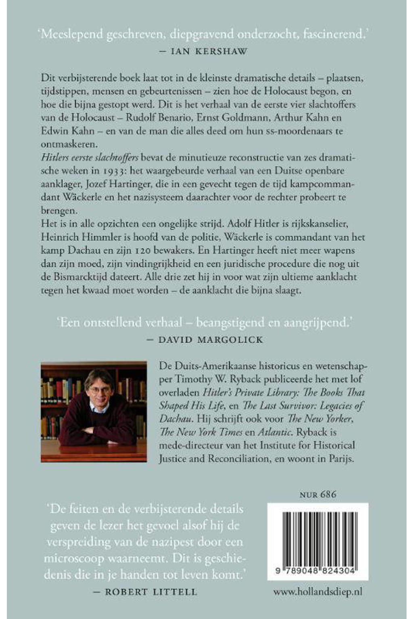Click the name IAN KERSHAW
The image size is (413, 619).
coord(209,52)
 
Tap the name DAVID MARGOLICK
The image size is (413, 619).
coord(211,340)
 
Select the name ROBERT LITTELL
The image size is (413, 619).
coord(151,592)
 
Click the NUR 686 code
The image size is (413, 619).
coord(318,494)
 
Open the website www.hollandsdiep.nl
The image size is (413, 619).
coord(318,592)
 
